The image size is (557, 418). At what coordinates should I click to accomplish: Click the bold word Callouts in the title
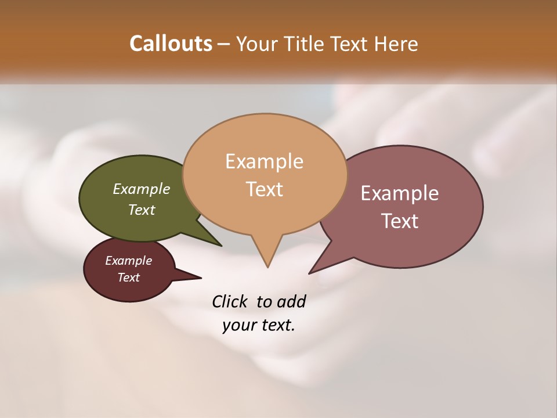click(171, 44)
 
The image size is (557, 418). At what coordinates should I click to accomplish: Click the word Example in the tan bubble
click(264, 161)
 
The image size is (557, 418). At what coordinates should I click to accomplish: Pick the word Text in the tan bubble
click(264, 189)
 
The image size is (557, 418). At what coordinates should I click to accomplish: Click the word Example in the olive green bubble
click(141, 189)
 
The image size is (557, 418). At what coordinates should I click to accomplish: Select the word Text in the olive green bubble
click(141, 210)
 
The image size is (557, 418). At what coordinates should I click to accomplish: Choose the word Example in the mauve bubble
click(399, 193)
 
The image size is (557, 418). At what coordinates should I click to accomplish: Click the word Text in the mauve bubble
click(399, 221)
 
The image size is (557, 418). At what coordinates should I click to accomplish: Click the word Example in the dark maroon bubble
click(128, 261)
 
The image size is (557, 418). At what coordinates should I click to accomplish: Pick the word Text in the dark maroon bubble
click(128, 278)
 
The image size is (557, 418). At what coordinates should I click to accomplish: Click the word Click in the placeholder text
click(231, 301)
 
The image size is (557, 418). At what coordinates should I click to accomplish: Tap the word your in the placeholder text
click(238, 326)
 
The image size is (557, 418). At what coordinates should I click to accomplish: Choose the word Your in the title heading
click(256, 44)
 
